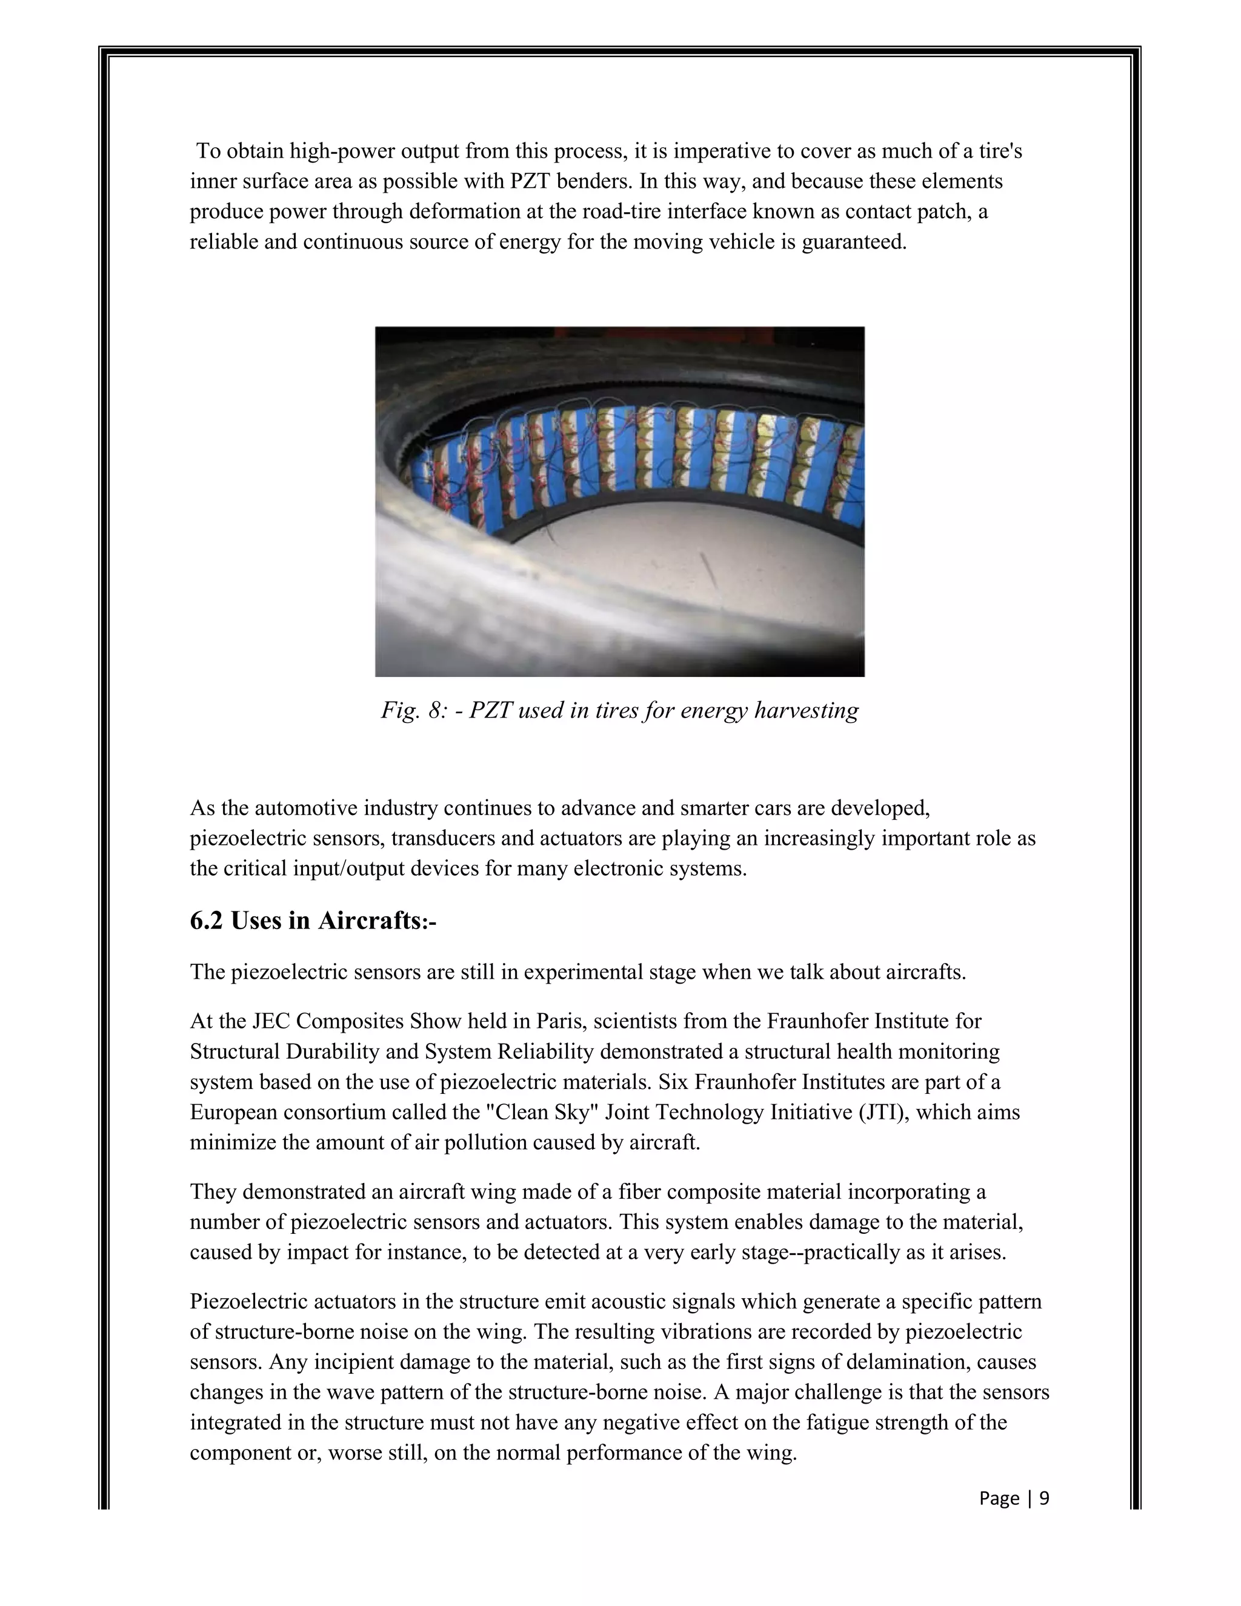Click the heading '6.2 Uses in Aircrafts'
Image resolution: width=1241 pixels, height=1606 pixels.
313,920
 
